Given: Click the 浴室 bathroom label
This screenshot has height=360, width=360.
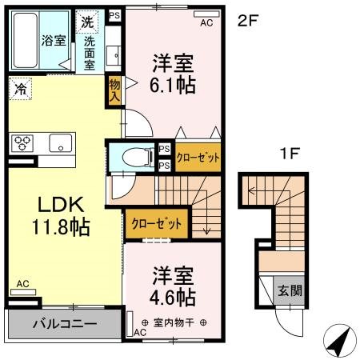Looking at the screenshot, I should [x=54, y=41].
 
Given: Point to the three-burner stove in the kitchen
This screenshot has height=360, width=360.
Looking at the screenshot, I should [x=22, y=144].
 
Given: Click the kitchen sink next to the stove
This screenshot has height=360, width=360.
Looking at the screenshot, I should [x=60, y=144].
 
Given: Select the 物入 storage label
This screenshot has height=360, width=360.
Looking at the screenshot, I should [x=115, y=90].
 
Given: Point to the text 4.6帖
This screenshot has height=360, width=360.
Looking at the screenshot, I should [x=174, y=298].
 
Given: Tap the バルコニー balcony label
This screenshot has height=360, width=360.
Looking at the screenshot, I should [x=64, y=325].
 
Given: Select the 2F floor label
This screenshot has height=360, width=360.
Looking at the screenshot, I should [x=248, y=22].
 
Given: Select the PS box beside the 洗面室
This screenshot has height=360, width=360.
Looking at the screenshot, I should [x=114, y=14].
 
